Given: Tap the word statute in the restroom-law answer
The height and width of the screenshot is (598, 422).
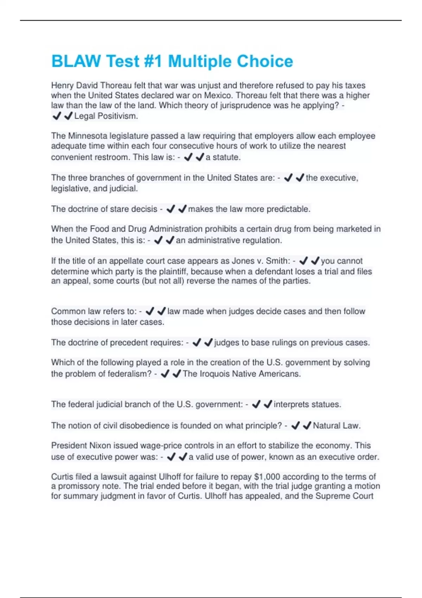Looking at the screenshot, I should pyautogui.click(x=226, y=157).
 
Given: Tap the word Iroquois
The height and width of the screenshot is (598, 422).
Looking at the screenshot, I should pyautogui.click(x=216, y=374).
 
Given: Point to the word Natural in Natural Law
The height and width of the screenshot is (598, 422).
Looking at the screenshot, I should pyautogui.click(x=327, y=426).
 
